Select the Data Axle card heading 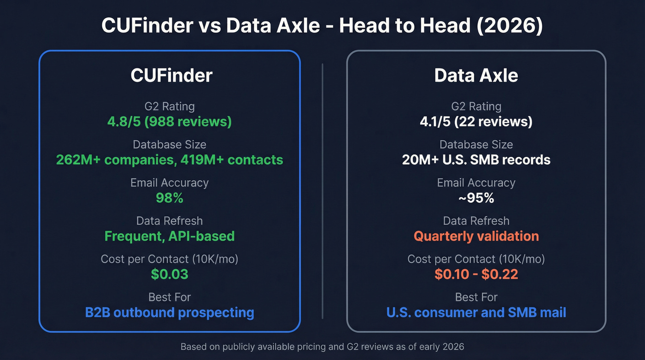(476, 76)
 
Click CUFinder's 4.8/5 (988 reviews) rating (170, 122)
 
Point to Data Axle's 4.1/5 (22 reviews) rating (476, 122)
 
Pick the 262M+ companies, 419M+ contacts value (170, 160)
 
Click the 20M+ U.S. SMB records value (476, 160)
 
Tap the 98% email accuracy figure (170, 198)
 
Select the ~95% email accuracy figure (476, 198)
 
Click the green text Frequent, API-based (170, 236)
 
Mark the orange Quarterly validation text (476, 236)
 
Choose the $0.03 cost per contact (170, 274)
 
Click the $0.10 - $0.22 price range (476, 274)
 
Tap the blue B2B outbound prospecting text (170, 313)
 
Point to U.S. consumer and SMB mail (476, 313)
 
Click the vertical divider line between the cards (322, 191)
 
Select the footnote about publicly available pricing (322, 347)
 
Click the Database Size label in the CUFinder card (170, 145)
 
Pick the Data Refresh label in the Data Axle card (476, 221)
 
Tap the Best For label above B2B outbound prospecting (170, 297)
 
